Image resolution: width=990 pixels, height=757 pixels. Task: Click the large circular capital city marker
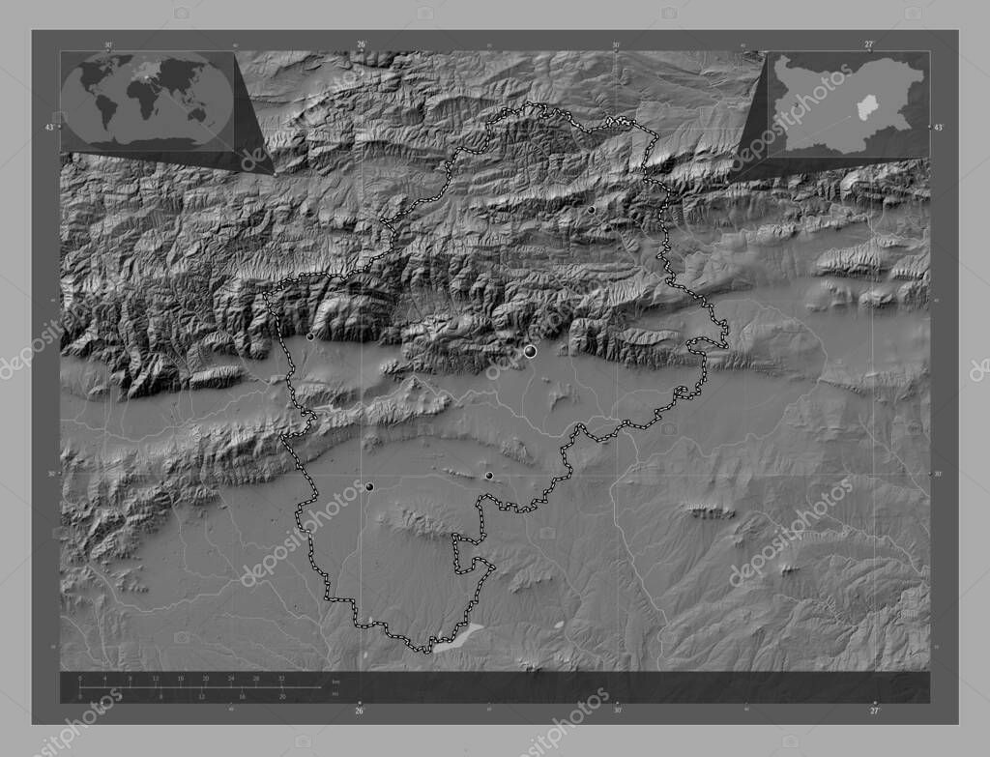click(530, 352)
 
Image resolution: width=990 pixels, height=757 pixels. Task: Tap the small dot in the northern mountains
click(591, 209)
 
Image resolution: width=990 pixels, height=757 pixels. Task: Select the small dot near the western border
click(309, 337)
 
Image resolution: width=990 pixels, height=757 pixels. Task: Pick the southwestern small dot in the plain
click(369, 486)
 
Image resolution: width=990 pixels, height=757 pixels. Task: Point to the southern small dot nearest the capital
click(488, 476)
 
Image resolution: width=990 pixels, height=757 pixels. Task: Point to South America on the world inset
click(105, 111)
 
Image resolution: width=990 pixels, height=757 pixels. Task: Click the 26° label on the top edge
click(361, 44)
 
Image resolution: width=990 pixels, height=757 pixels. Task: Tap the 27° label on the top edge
click(869, 44)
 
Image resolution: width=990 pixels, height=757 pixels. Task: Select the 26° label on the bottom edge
click(360, 712)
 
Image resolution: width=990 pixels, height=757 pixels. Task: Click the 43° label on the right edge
click(937, 127)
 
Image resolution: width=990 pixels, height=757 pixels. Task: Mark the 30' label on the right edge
click(937, 474)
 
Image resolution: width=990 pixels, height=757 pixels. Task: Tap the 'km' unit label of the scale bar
click(335, 683)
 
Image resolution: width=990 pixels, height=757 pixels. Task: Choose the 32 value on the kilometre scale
click(281, 679)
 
